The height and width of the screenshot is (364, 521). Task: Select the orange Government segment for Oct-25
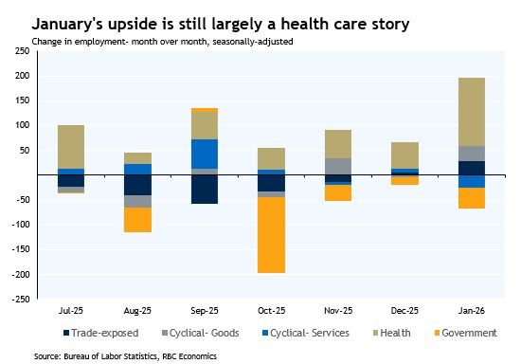click(x=272, y=234)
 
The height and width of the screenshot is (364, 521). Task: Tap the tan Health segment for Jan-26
click(x=472, y=111)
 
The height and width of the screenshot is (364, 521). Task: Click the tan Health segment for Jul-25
click(x=70, y=146)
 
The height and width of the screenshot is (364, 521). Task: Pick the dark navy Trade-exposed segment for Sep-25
click(x=205, y=189)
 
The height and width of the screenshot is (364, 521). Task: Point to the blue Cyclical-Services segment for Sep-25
click(x=205, y=154)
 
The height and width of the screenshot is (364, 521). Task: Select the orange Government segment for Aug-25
click(x=137, y=219)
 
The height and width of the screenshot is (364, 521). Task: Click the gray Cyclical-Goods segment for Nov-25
click(x=338, y=166)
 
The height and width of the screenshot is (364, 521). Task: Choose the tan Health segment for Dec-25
click(x=405, y=155)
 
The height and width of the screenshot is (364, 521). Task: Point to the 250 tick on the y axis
click(x=20, y=50)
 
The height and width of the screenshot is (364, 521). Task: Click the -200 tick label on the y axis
click(x=18, y=274)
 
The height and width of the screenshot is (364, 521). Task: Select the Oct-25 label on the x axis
click(x=272, y=310)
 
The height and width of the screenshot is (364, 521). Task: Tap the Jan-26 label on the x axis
click(x=472, y=310)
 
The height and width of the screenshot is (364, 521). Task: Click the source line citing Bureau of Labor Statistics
click(x=124, y=355)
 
